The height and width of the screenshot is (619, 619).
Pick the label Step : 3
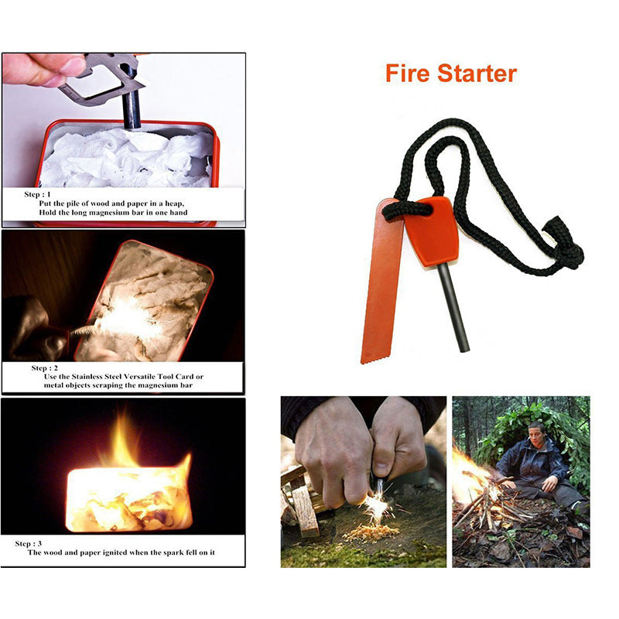[x=33, y=544]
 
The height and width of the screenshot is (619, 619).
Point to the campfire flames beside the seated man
[x=470, y=472]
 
